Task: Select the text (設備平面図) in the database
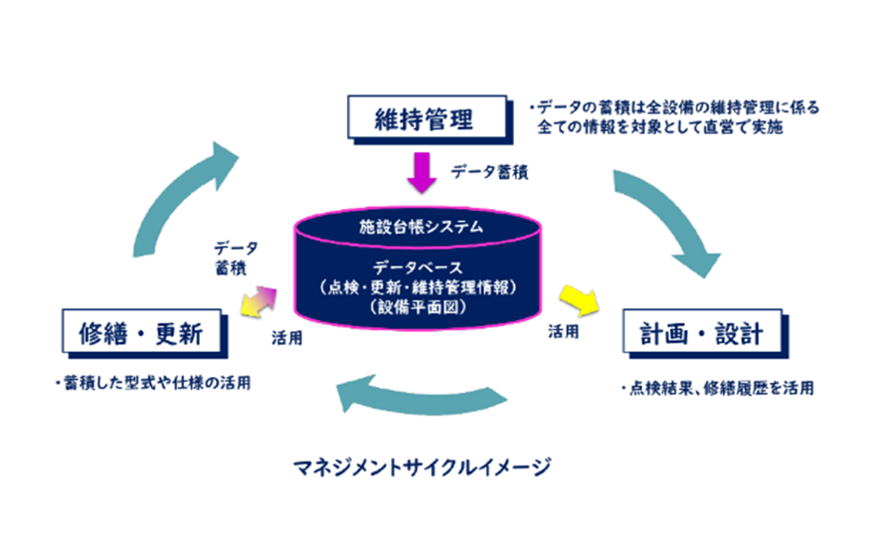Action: pyautogui.click(x=420, y=306)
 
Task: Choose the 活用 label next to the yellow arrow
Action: pyautogui.click(x=563, y=332)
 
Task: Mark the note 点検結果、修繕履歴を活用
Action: pyautogui.click(x=716, y=389)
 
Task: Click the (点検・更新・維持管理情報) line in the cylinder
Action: pyautogui.click(x=420, y=287)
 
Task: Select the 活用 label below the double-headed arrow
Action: pyautogui.click(x=287, y=337)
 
